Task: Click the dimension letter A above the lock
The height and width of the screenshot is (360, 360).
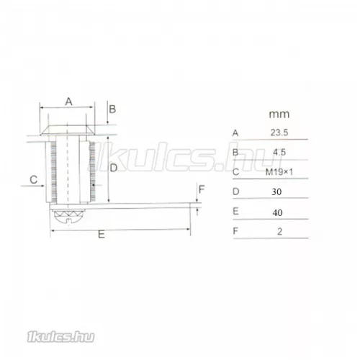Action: [69, 102]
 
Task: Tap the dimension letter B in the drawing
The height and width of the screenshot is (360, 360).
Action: [112, 109]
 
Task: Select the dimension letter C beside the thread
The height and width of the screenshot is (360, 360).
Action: [34, 179]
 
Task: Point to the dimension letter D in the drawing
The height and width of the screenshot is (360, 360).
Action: [114, 168]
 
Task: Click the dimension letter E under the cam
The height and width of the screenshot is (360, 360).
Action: [102, 234]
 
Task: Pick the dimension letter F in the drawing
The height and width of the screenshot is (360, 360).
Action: [202, 189]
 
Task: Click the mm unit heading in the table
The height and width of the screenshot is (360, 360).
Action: [279, 114]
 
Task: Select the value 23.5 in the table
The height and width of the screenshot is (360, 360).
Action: [279, 132]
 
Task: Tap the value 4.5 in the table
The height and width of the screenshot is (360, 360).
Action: [279, 152]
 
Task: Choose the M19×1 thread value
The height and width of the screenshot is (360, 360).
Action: [279, 172]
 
